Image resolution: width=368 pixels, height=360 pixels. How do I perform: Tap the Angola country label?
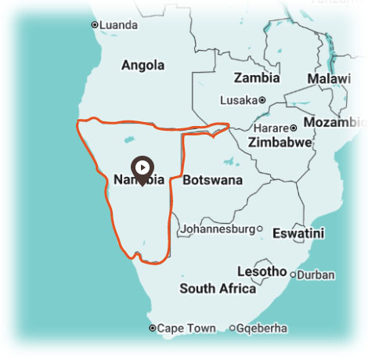point(143,65)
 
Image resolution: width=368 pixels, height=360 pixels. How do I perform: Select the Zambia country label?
point(257,78)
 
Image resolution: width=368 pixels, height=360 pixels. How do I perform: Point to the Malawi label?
point(329,79)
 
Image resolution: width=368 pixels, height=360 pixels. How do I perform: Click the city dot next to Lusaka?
point(262,100)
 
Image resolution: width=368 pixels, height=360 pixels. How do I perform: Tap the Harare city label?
point(269,128)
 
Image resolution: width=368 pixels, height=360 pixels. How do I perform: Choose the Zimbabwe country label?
point(280,143)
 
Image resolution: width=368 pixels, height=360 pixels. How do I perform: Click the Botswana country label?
point(212,180)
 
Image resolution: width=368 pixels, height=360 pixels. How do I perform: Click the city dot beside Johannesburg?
point(260,229)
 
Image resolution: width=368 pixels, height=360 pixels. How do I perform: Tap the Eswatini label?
point(298,232)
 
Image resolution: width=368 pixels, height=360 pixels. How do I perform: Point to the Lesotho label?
point(262,272)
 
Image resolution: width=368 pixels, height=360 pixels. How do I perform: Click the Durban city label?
point(316,275)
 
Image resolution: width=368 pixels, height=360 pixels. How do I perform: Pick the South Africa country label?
point(218,288)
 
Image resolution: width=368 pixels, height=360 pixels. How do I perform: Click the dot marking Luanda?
point(95,25)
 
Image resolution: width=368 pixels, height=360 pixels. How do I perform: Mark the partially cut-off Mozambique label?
point(334,123)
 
